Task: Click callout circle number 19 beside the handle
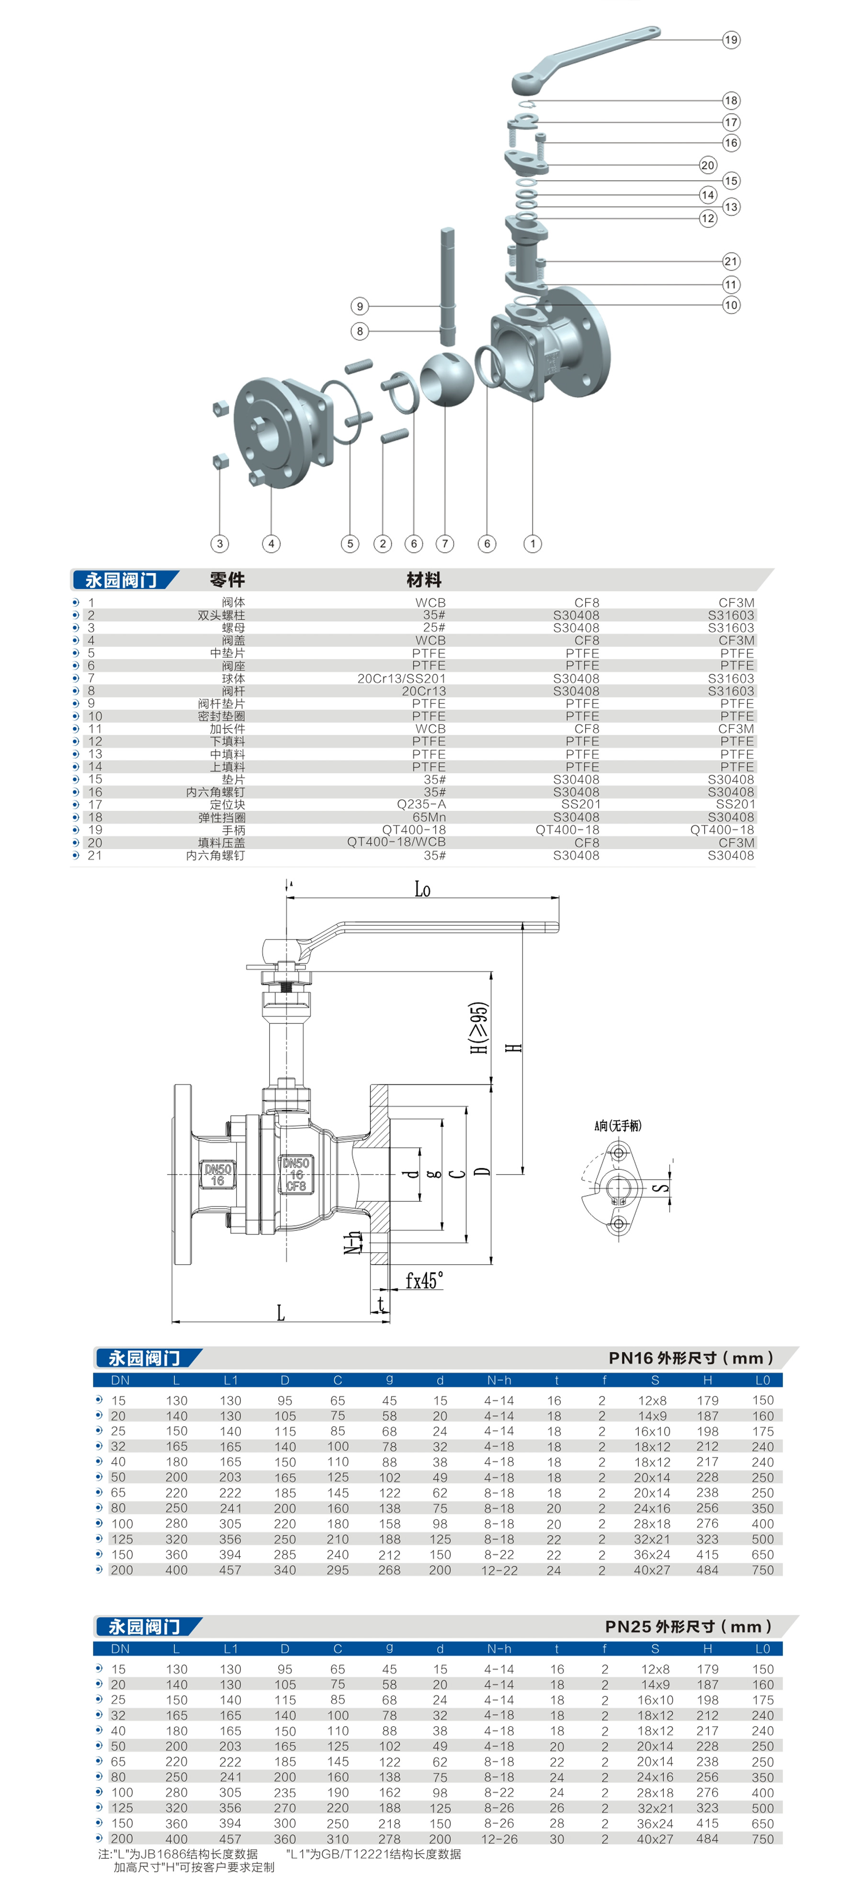731,40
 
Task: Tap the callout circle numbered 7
444,543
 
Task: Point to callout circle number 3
219,543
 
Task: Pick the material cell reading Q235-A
421,804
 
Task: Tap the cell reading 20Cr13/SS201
402,679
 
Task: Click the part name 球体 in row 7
234,679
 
